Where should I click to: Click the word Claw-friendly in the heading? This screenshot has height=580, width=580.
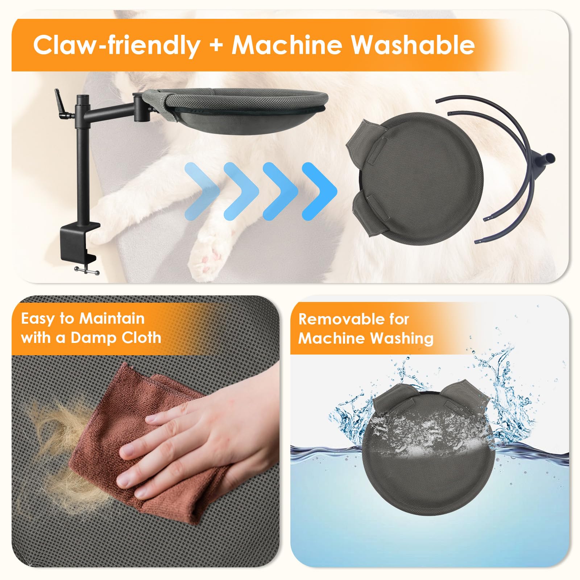(117, 45)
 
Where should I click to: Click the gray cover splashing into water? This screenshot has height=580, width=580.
(430, 449)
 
